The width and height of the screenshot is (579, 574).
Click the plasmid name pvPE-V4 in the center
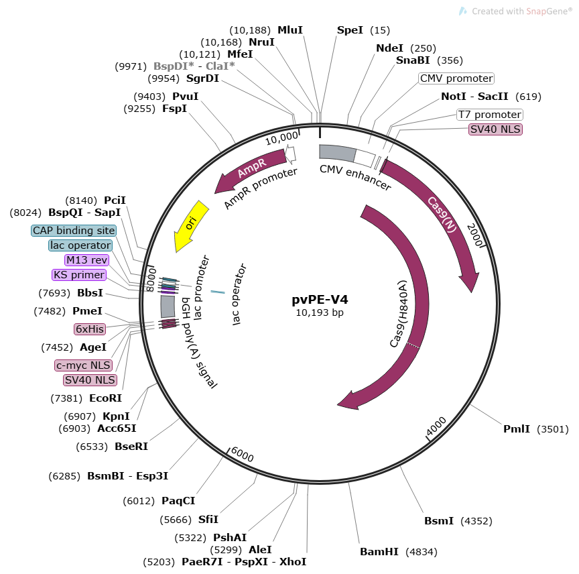click(320, 300)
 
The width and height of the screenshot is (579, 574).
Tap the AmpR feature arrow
click(251, 170)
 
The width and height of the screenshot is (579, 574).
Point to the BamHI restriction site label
click(379, 552)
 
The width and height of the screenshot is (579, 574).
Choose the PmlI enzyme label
click(517, 429)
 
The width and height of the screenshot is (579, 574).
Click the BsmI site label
click(439, 520)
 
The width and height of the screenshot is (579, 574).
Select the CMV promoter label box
click(456, 78)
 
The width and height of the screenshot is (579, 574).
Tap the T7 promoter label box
click(489, 115)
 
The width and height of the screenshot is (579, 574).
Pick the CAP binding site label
click(74, 231)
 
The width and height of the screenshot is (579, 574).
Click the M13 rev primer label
click(86, 260)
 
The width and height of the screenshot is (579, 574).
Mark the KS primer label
click(79, 275)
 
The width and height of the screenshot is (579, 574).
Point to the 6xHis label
click(90, 329)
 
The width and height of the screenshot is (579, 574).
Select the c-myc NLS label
click(83, 365)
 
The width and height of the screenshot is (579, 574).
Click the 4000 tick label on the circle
click(436, 425)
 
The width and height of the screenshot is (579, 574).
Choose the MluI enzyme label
click(290, 30)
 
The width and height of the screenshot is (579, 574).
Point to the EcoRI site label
click(105, 398)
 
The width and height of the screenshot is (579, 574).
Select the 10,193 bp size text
click(320, 312)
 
